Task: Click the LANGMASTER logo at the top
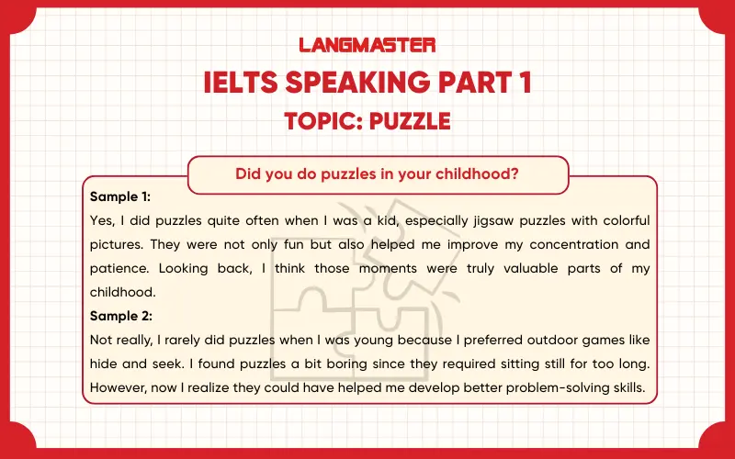pyautogui.click(x=367, y=44)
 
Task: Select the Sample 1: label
pyautogui.click(x=120, y=197)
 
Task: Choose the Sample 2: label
pyautogui.click(x=120, y=317)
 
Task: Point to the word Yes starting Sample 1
pyautogui.click(x=102, y=221)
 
